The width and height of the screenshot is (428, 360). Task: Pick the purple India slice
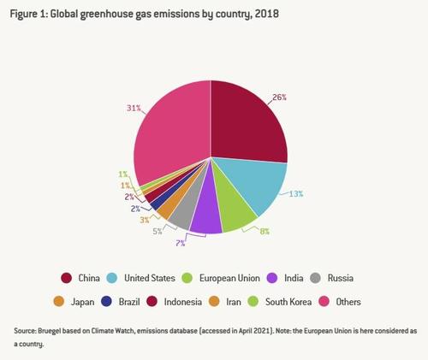point(207,216)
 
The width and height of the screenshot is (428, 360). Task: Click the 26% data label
point(279,97)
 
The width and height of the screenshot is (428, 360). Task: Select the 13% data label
point(296,194)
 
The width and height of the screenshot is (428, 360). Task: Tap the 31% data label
point(134,108)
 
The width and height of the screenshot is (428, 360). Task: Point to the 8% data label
point(265,232)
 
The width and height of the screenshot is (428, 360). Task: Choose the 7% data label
point(180,244)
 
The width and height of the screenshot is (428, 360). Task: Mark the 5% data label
point(158,232)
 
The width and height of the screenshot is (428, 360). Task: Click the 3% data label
point(145,220)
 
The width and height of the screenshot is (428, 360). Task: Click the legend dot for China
point(66,278)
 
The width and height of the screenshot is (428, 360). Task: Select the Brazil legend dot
point(107,302)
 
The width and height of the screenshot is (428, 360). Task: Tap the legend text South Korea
point(288,302)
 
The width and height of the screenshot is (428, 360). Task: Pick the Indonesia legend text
point(183,302)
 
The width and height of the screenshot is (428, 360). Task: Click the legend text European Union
point(229,278)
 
